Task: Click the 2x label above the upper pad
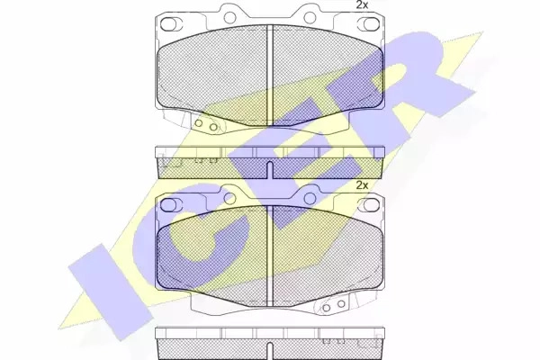pyautogui.click(x=362, y=4)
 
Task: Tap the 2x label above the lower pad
pyautogui.click(x=362, y=185)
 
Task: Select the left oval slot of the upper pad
pyautogui.click(x=168, y=23)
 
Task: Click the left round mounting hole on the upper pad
pyautogui.click(x=229, y=17)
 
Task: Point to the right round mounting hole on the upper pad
pyautogui.click(x=310, y=17)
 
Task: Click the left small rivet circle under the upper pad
pyautogui.click(x=198, y=123)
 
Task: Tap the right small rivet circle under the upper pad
pyautogui.click(x=213, y=127)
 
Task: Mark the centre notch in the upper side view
pyautogui.click(x=270, y=170)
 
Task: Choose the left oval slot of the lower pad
pyautogui.click(x=168, y=205)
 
